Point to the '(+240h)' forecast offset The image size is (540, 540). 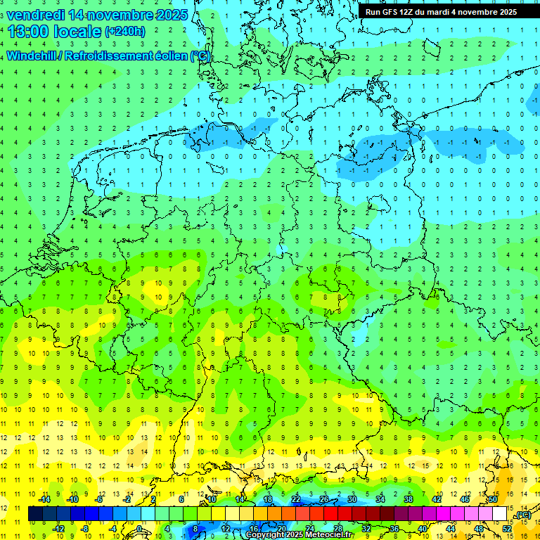[x=125, y=32]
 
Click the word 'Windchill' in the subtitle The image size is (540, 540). [x=31, y=56]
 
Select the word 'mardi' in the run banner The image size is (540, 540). [x=441, y=12]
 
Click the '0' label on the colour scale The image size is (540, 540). [x=139, y=529]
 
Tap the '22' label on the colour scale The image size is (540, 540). [x=296, y=499]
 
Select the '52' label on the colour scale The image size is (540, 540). [x=507, y=529]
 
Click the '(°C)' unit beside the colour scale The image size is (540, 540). [x=523, y=515]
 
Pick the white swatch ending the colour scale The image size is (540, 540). [x=500, y=514]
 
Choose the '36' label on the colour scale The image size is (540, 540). [x=394, y=529]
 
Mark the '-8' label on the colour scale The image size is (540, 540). [x=85, y=529]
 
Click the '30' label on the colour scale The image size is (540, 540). [x=352, y=499]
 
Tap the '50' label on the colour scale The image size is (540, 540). [x=493, y=499]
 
